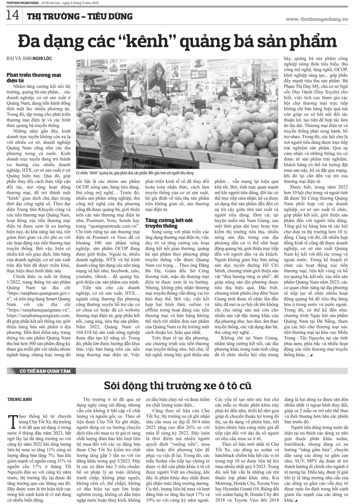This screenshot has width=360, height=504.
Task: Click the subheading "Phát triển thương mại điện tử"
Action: tap(34, 77)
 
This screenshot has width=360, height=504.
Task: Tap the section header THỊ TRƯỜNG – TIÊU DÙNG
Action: tap(80, 16)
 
